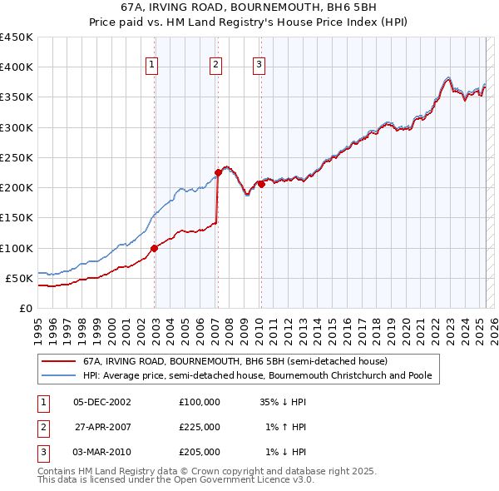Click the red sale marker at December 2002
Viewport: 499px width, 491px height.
[x=154, y=248]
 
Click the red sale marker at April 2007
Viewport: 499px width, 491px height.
[x=218, y=172]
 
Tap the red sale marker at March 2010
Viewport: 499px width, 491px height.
[x=260, y=184]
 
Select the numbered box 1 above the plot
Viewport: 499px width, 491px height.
[x=154, y=66]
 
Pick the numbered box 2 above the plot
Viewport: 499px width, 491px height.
[x=215, y=66]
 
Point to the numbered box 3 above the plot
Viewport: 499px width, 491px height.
[x=259, y=66]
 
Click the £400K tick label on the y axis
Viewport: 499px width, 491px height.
[x=16, y=67]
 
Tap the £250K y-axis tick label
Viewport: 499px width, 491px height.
[x=16, y=157]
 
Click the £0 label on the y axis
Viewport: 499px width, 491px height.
[x=24, y=308]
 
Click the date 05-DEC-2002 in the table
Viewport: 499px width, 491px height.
[x=102, y=401]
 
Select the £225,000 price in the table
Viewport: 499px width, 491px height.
[x=200, y=426]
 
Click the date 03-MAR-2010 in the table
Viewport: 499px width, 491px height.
[x=102, y=452]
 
